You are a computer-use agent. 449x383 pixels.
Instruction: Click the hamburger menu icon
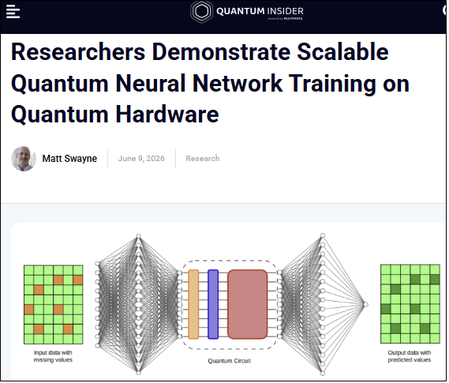point(13,12)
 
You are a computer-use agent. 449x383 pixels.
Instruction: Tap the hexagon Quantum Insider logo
point(202,12)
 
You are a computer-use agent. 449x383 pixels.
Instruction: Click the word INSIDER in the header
point(285,11)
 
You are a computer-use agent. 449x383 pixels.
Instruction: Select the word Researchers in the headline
point(78,52)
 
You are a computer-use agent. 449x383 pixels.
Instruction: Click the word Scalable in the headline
point(343,52)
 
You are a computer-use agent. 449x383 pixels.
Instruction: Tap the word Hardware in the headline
point(167,115)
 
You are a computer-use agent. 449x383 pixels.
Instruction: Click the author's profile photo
point(24,159)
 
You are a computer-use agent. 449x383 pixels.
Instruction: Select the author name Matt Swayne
point(70,159)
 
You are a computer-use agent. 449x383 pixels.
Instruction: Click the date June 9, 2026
point(141,159)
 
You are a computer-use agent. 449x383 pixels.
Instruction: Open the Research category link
point(203,159)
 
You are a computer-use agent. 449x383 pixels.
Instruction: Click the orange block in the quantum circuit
point(194,305)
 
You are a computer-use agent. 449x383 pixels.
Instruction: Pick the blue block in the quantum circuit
point(214,305)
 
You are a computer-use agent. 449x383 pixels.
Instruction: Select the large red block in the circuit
point(248,305)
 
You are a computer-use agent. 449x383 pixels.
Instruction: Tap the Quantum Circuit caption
point(230,362)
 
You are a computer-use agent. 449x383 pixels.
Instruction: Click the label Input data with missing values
point(53,357)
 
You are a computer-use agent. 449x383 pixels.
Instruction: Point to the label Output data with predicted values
point(410,357)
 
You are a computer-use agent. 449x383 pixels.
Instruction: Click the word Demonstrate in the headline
point(222,52)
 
